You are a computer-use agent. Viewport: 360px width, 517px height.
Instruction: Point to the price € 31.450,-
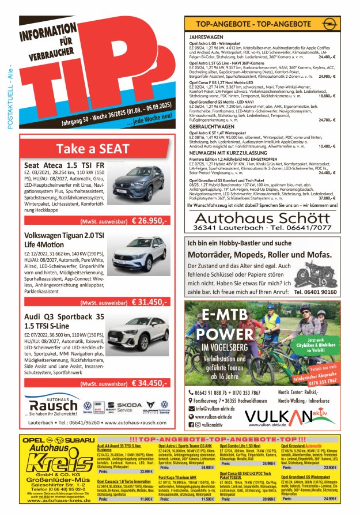(149, 301)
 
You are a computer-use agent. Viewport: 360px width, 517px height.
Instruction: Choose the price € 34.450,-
(149, 383)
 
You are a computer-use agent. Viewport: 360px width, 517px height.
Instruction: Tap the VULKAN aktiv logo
(289, 416)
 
